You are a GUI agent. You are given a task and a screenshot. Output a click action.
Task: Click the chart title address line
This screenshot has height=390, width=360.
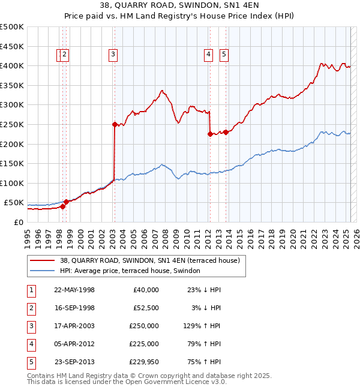pyautogui.click(x=179, y=6)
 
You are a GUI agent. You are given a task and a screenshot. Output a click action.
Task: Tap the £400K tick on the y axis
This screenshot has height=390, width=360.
pyautogui.click(x=12, y=65)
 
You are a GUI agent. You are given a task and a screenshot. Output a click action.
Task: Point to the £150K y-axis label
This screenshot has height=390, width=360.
pyautogui.click(x=12, y=163)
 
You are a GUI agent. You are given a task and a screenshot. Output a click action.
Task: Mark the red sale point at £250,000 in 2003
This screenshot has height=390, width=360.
pyautogui.click(x=114, y=124)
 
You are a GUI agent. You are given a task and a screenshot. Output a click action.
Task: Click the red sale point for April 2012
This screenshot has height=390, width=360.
pyautogui.click(x=210, y=134)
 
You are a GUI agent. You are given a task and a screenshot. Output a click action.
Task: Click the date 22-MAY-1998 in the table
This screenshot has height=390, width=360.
pyautogui.click(x=74, y=290)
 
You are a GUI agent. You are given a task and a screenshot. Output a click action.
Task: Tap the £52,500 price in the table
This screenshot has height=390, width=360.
pyautogui.click(x=145, y=308)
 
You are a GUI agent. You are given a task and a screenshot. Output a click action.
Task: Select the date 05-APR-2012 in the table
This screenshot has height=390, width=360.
pyautogui.click(x=74, y=344)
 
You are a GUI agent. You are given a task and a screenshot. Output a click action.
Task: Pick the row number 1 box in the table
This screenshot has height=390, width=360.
pyautogui.click(x=29, y=290)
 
